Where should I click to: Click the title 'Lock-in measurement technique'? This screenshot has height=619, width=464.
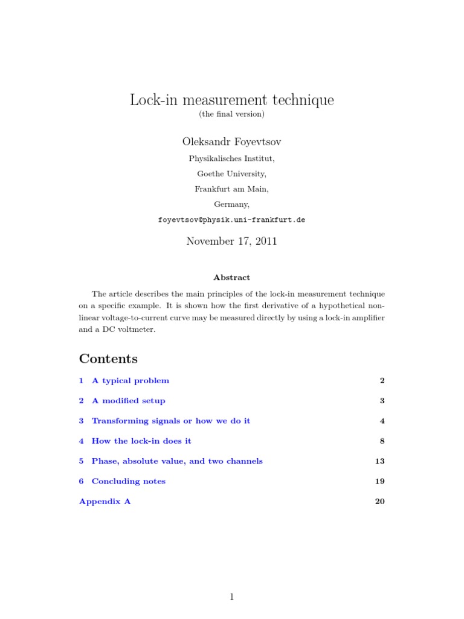(x=231, y=100)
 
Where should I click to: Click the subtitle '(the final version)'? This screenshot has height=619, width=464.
(x=231, y=114)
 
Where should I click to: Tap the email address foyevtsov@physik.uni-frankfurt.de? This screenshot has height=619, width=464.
(x=231, y=220)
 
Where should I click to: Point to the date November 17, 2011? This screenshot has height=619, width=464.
(x=231, y=241)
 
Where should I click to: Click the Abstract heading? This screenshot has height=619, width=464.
(x=231, y=277)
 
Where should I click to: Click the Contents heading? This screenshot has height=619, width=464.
(x=108, y=358)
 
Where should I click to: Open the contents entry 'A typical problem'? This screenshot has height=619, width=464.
(x=130, y=381)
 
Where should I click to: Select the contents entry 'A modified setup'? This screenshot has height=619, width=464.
(x=128, y=401)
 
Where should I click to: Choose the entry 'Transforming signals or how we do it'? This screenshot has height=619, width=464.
(x=170, y=421)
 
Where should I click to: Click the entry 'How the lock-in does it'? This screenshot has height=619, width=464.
(x=141, y=441)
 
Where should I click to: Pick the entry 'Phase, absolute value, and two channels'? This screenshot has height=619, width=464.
(x=177, y=461)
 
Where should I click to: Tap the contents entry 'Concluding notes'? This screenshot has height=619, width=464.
(x=128, y=481)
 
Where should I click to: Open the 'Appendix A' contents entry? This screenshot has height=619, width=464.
(x=105, y=502)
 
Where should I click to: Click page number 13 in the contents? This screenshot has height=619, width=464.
(x=379, y=461)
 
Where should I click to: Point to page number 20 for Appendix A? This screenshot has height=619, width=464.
(x=379, y=502)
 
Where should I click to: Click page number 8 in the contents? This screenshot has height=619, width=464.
(x=382, y=441)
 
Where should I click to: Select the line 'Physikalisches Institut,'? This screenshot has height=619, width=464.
(x=231, y=159)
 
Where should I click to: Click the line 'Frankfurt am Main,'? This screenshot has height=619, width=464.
(x=231, y=189)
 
